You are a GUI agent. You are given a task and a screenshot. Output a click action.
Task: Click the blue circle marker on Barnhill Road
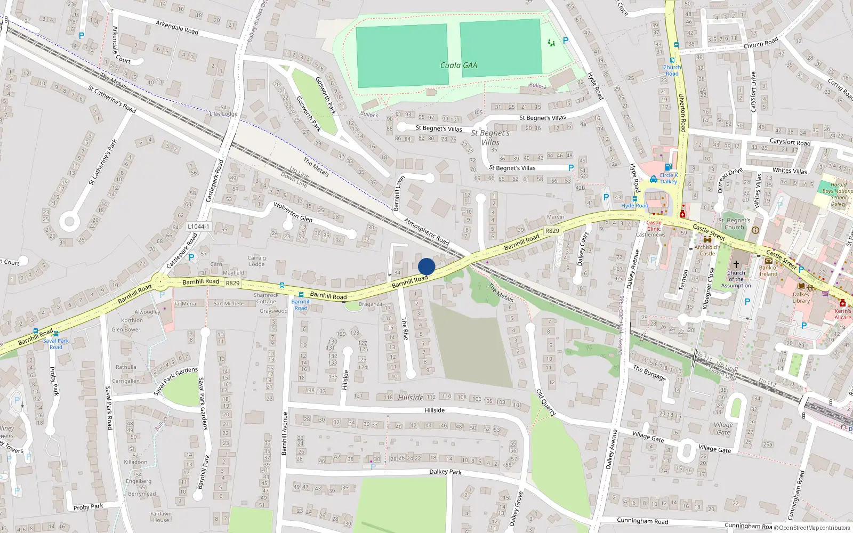pos(426,266)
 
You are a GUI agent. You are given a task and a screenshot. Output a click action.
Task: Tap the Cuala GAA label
pos(458,66)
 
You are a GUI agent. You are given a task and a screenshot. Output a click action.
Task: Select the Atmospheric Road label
pos(426,231)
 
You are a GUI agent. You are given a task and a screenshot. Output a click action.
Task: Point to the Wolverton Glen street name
pos(293,212)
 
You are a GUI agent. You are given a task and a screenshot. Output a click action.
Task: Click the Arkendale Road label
pos(177,27)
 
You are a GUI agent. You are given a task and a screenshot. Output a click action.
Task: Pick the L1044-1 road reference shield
pos(198,227)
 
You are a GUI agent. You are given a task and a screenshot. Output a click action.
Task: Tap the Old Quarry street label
pos(546,402)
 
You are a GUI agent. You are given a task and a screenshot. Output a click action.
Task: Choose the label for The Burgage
pos(649,373)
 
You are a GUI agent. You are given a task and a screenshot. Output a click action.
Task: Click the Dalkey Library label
pos(801,297)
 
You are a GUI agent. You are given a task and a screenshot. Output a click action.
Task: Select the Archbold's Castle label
pos(707,250)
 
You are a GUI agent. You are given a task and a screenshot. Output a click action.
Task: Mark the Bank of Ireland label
pos(768,271)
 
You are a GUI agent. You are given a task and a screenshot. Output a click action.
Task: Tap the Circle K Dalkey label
pos(668,178)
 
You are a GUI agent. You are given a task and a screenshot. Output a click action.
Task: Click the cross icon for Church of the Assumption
pos(736,264)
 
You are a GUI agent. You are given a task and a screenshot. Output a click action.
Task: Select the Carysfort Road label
pos(790,142)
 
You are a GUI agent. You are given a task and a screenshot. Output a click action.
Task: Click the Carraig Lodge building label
pos(256,261)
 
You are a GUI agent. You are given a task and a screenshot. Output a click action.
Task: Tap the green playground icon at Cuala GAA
pos(551,43)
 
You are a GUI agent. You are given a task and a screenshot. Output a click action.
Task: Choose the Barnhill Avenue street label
pos(284,433)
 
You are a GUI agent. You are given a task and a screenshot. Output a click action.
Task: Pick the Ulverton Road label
pos(682,112)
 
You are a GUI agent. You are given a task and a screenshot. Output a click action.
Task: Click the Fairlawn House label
pos(160,517)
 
